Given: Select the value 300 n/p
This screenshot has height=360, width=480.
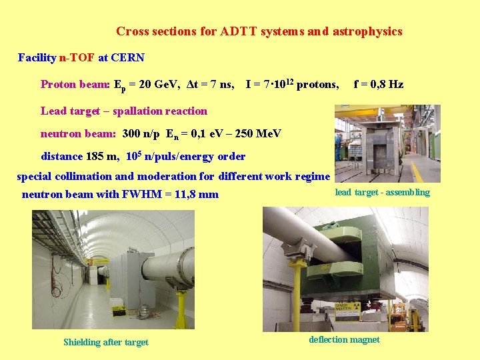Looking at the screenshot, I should click(141, 133).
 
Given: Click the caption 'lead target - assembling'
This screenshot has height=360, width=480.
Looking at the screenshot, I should click(382, 193).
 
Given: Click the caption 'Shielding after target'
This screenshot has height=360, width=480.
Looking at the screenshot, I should click(106, 342).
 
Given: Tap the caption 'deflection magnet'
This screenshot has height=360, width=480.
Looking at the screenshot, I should click(344, 339).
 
